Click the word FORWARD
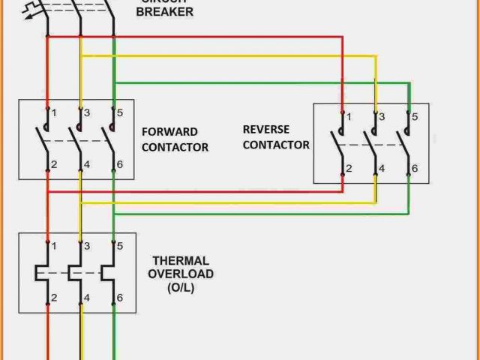[169, 132]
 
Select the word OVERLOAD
[180, 274]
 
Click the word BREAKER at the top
[164, 12]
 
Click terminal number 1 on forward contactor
[54, 112]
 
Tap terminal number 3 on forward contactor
[87, 112]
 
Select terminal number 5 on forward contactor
[119, 112]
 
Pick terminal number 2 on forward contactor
[54, 164]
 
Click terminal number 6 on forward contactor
[119, 164]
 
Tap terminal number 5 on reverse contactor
[414, 117]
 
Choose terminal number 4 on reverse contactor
[381, 169]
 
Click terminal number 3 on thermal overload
[87, 246]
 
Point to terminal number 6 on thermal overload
[119, 298]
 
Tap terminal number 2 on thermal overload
[54, 298]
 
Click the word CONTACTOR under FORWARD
[175, 147]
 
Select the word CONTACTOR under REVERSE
[276, 145]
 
